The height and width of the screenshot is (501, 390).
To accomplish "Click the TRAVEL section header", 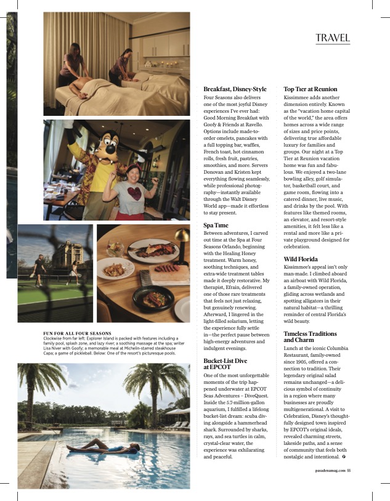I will (x=333, y=38).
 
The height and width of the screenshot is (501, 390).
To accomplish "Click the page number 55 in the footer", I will (x=349, y=471).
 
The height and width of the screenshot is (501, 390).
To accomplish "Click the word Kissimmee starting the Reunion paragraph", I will (x=298, y=97).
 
